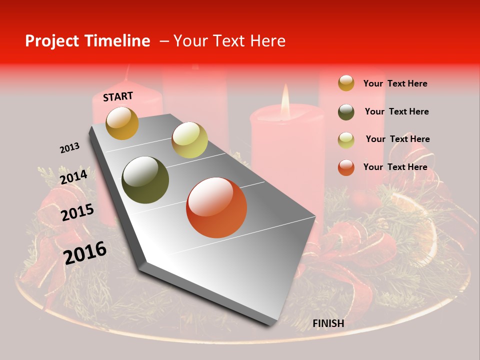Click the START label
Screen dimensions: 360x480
(118, 96)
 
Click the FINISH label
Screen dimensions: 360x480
(328, 323)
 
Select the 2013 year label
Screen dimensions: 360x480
(69, 148)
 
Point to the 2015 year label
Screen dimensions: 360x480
(77, 212)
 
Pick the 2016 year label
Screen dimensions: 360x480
(85, 252)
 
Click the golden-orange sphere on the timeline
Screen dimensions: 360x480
(122, 123)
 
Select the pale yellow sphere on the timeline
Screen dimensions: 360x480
(189, 140)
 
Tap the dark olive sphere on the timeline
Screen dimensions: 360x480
(145, 180)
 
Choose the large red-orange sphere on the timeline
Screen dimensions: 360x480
(216, 207)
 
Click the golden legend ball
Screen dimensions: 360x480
(346, 83)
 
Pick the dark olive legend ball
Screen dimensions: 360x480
(346, 111)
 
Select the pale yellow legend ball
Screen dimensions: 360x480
(346, 139)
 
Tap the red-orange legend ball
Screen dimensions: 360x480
(346, 167)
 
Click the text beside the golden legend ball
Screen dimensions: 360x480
(395, 83)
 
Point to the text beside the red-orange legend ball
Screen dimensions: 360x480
(395, 167)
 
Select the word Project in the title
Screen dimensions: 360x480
(51, 41)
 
